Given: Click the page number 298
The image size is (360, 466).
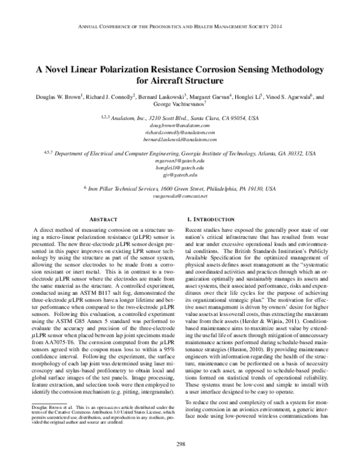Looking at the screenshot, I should (x=180, y=444).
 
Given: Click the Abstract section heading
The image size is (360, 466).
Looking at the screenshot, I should (x=98, y=220).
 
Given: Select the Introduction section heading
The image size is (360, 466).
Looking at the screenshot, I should (x=215, y=220).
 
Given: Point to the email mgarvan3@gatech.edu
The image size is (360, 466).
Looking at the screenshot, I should (x=180, y=162).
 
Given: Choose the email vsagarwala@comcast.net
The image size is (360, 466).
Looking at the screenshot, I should (x=180, y=196).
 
